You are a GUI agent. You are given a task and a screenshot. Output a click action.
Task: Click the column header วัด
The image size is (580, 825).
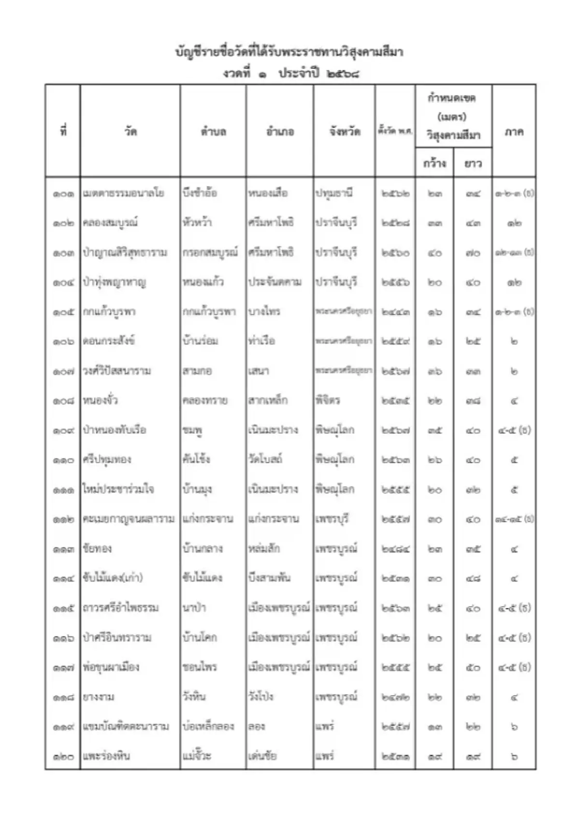130,131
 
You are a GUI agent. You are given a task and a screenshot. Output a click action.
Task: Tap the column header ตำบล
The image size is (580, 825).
213,132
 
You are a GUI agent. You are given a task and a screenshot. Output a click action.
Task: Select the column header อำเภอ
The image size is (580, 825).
280,132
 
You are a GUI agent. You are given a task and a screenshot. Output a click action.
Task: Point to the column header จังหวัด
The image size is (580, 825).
345,132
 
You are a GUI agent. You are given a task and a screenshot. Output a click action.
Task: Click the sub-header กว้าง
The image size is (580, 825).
434,164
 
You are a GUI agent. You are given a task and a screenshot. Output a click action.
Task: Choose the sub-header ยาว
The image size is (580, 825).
473,164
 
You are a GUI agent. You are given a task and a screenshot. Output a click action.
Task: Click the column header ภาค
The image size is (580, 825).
514,132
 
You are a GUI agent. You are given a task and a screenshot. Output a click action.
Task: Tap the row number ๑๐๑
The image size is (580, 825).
63,194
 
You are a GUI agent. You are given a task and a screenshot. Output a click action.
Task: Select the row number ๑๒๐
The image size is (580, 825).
63,756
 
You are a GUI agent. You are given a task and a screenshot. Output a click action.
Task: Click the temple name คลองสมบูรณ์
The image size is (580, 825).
110,223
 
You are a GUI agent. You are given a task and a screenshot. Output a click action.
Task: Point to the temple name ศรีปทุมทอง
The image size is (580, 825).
107,460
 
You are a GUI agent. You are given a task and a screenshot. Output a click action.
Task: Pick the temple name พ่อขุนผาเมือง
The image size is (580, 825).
111,667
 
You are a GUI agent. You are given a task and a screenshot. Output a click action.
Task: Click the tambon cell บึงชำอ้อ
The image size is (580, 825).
200,193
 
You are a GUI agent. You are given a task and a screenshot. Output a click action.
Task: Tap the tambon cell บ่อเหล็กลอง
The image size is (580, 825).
208,726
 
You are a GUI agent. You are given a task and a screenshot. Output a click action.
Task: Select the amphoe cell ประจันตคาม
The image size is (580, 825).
275,282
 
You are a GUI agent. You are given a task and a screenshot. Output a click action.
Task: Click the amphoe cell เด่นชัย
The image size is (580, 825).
262,756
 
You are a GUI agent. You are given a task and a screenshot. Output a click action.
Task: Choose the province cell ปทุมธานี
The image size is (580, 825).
334,193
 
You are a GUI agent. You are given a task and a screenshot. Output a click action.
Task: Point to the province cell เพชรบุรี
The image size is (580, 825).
332,519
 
